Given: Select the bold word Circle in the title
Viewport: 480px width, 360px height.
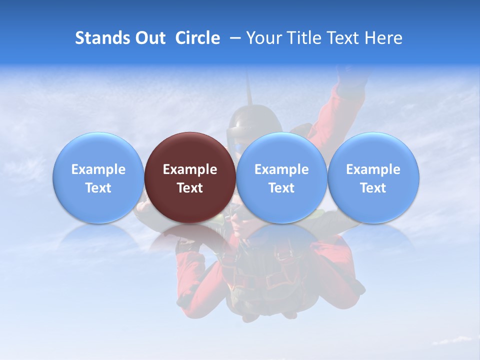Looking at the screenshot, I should [197, 38].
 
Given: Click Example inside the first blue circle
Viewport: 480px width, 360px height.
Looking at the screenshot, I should [98, 169].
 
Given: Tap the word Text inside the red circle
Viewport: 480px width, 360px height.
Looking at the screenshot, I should [190, 188].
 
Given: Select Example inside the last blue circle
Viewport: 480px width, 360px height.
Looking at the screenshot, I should [373, 169].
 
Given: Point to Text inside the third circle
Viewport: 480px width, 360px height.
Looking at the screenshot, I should [281, 188].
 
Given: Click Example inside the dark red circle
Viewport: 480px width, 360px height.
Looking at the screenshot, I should [190, 169].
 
